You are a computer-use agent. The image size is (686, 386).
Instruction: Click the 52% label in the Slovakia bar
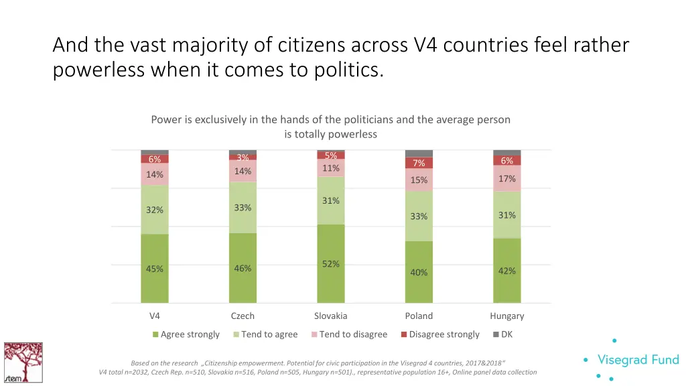click(x=330, y=264)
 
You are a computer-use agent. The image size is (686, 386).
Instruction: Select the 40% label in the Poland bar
click(x=419, y=273)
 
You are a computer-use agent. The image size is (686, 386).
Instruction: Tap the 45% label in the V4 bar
click(x=155, y=269)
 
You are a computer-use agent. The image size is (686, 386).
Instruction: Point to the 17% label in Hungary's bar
click(x=506, y=179)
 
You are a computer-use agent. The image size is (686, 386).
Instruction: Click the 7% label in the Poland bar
click(x=419, y=164)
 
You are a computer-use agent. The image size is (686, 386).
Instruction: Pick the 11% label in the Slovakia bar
click(x=330, y=168)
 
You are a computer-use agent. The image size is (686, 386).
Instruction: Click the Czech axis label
click(x=243, y=316)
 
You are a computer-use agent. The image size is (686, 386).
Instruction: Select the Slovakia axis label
click(x=330, y=316)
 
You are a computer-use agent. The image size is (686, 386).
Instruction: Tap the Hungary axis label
click(x=506, y=316)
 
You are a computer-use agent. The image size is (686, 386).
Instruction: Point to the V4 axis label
click(x=155, y=316)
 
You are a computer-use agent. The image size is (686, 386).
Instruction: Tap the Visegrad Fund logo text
click(x=638, y=360)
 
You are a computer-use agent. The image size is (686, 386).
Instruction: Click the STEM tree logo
click(x=23, y=363)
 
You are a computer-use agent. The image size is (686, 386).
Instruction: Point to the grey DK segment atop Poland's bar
click(x=419, y=153)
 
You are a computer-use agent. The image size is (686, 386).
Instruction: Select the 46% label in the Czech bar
click(x=243, y=269)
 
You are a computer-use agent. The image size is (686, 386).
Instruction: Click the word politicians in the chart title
click(x=370, y=120)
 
